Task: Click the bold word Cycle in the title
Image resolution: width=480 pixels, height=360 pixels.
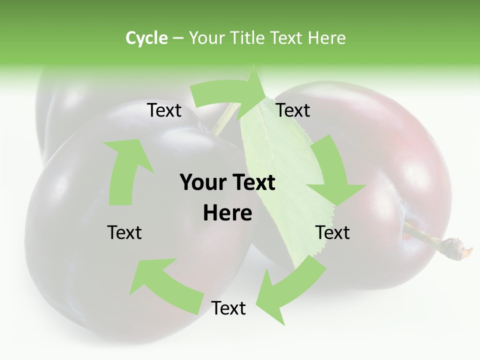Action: tap(146, 38)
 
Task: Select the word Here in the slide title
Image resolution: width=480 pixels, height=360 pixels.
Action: tap(326, 38)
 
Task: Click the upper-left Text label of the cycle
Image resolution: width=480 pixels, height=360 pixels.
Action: tap(164, 110)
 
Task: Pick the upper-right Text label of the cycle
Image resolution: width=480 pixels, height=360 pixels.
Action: tap(293, 110)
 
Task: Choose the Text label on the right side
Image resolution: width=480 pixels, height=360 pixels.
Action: tap(332, 232)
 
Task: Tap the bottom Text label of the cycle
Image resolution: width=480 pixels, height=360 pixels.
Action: tap(228, 308)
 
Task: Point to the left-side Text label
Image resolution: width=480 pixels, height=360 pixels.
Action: tap(124, 232)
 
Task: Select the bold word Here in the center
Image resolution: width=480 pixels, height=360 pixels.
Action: tap(227, 213)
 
